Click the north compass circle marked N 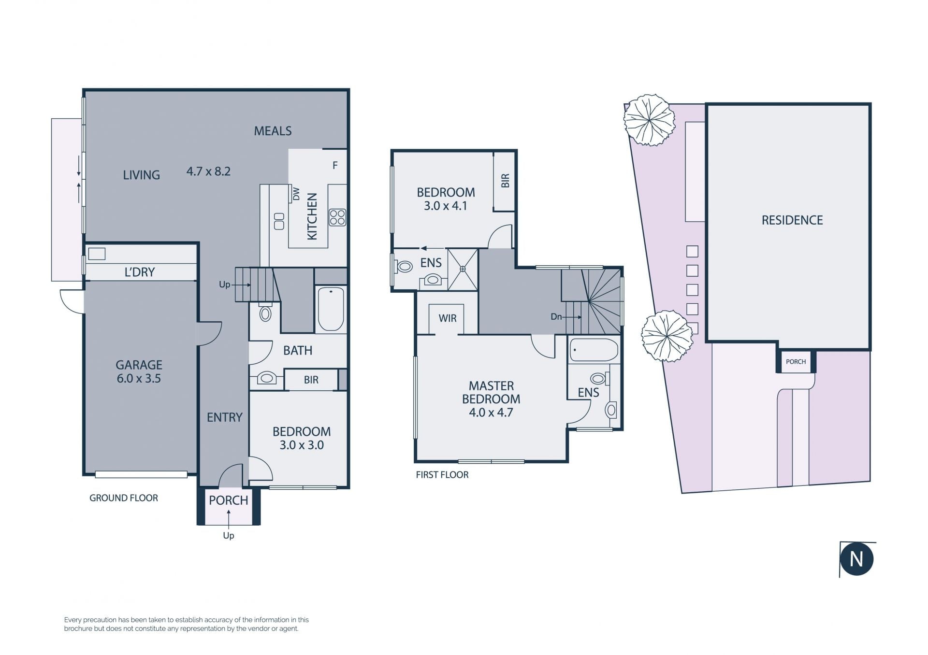856,559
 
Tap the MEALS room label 273,131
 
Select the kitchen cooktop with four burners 337,217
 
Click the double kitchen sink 279,221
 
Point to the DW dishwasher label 296,194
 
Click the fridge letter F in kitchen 335,166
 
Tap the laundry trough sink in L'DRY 97,254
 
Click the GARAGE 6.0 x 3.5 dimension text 139,379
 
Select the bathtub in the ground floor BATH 331,309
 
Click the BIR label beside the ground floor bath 311,380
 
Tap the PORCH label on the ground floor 229,500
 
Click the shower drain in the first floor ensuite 463,269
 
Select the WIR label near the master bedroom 448,318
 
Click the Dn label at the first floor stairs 556,317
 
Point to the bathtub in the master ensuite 594,350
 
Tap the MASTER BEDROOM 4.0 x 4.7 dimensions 491,413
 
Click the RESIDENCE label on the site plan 792,220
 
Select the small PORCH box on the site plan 796,362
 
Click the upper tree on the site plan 649,120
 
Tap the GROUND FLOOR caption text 124,498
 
